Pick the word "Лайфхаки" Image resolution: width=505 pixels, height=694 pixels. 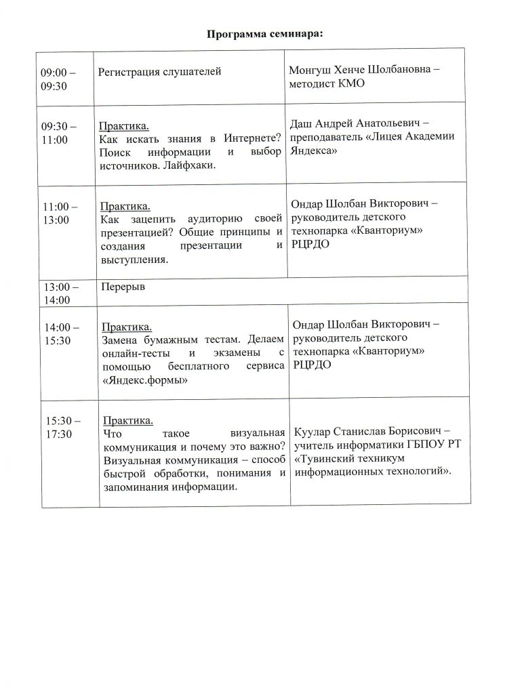tap(190, 166)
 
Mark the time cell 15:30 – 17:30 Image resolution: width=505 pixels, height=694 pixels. tap(60, 427)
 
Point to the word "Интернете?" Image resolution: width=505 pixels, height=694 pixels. tap(256, 140)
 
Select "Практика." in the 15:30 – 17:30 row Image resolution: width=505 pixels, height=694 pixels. tap(127, 420)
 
